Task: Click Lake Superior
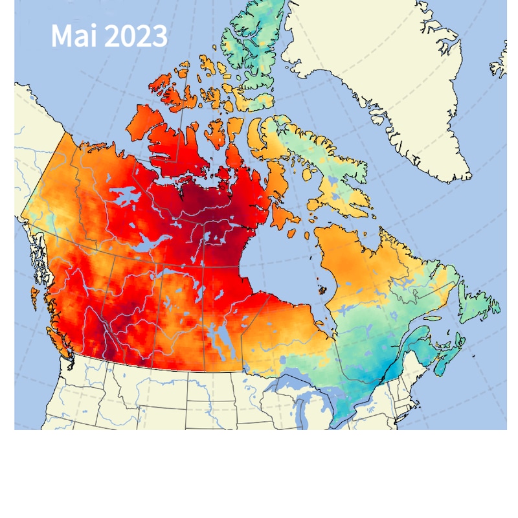(x=291, y=381)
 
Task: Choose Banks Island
(x=146, y=123)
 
